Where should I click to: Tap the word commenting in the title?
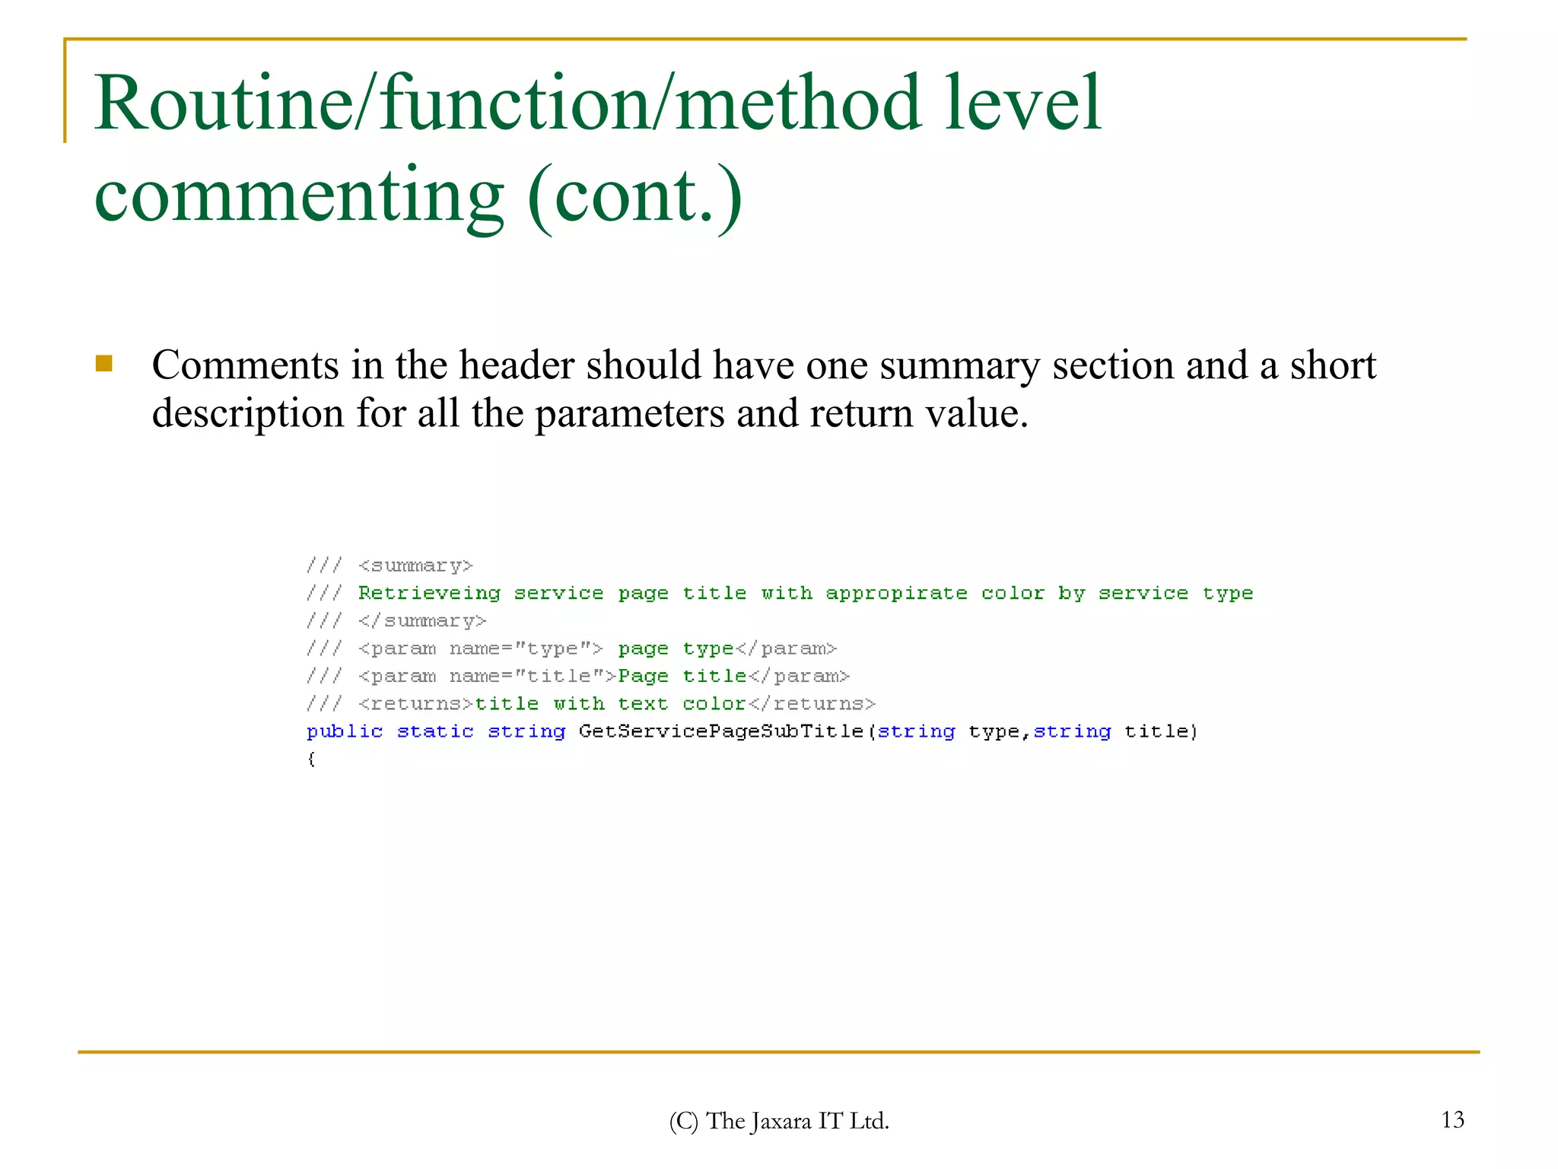click(298, 196)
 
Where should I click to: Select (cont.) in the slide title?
click(634, 196)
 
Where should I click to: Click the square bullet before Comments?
click(104, 364)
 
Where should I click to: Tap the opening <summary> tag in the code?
click(415, 566)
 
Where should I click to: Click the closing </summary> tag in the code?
click(422, 622)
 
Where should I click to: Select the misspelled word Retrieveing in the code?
click(429, 594)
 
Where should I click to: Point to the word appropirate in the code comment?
click(896, 594)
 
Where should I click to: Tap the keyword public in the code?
click(345, 732)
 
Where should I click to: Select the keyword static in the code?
click(435, 732)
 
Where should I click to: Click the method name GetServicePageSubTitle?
click(720, 732)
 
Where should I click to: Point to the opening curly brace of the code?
click(311, 760)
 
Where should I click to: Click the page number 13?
click(1452, 1120)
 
